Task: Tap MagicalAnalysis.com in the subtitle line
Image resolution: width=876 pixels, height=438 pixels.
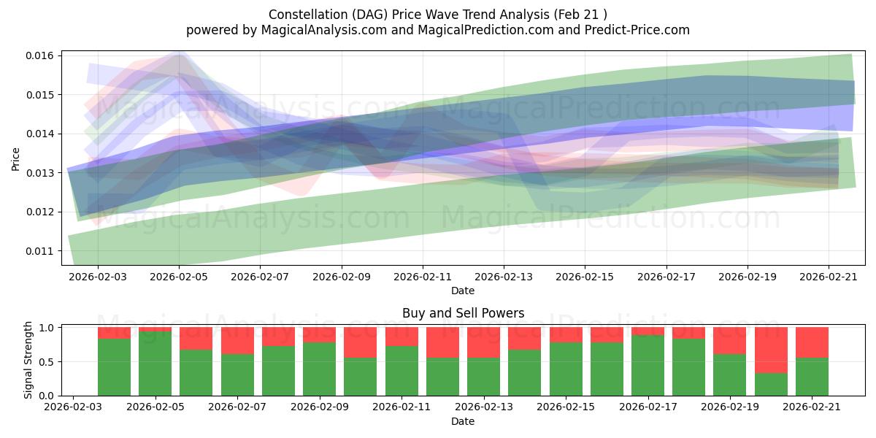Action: [324, 30]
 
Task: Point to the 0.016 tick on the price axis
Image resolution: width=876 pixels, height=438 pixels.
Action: [39, 55]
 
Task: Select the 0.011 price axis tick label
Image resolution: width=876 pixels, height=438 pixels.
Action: [39, 251]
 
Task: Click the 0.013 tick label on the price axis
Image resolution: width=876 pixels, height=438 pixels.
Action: [39, 173]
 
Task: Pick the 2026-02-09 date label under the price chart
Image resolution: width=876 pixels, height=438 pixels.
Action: [342, 277]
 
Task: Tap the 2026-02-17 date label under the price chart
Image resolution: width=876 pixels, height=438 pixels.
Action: [666, 277]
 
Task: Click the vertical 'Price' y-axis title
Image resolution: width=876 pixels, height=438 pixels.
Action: [15, 159]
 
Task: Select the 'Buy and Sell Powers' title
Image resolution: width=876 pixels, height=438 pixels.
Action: [463, 313]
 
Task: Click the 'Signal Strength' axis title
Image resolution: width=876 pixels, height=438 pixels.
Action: [28, 360]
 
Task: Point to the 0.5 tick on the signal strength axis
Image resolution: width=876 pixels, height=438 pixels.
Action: [47, 362]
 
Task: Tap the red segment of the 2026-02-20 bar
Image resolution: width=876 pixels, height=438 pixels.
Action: [771, 350]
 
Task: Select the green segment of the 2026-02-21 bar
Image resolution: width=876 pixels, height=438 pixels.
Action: [812, 377]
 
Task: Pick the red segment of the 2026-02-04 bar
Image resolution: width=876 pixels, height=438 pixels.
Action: [114, 333]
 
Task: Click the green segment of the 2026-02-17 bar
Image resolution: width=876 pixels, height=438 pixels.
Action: [648, 366]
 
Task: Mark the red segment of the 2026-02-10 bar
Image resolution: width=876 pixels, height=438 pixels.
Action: [360, 342]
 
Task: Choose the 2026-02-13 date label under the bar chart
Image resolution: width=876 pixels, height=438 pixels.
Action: [484, 407]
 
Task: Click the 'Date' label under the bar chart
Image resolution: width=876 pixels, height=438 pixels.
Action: [463, 421]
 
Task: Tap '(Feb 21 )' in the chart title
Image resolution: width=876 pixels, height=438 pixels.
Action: [580, 15]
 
